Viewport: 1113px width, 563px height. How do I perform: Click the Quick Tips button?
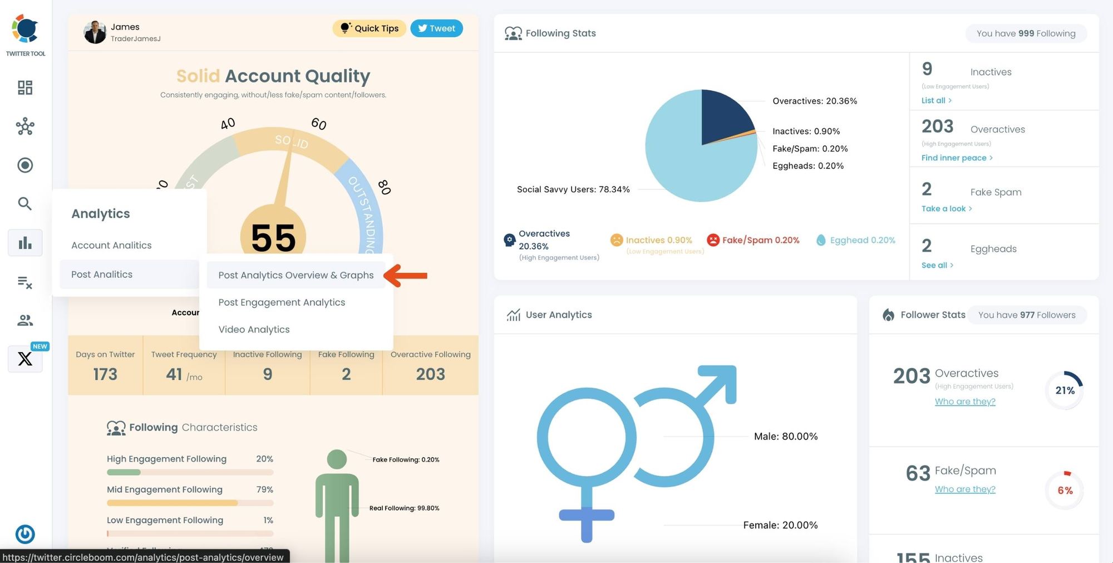tap(370, 28)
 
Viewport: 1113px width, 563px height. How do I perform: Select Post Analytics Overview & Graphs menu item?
tap(296, 275)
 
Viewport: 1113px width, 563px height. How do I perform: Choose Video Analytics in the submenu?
tap(254, 329)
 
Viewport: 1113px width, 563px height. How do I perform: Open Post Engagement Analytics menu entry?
tap(282, 302)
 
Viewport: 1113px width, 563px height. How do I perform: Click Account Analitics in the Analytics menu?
tap(111, 245)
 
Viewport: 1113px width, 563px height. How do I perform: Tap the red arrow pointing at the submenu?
tap(406, 276)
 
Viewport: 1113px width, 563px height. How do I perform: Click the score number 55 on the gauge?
tap(273, 238)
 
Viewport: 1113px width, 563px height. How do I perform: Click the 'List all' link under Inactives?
tap(936, 100)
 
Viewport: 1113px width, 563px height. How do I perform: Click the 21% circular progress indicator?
tap(1065, 390)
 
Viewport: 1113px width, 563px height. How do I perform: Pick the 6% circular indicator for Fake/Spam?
tap(1065, 490)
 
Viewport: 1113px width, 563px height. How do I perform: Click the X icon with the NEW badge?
tap(25, 359)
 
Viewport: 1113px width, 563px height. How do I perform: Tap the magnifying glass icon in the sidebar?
tap(24, 204)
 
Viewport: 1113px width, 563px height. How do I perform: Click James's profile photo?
tap(95, 32)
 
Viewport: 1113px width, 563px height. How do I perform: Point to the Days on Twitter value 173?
tap(105, 374)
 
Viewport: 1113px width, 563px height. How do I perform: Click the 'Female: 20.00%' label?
tap(780, 525)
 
